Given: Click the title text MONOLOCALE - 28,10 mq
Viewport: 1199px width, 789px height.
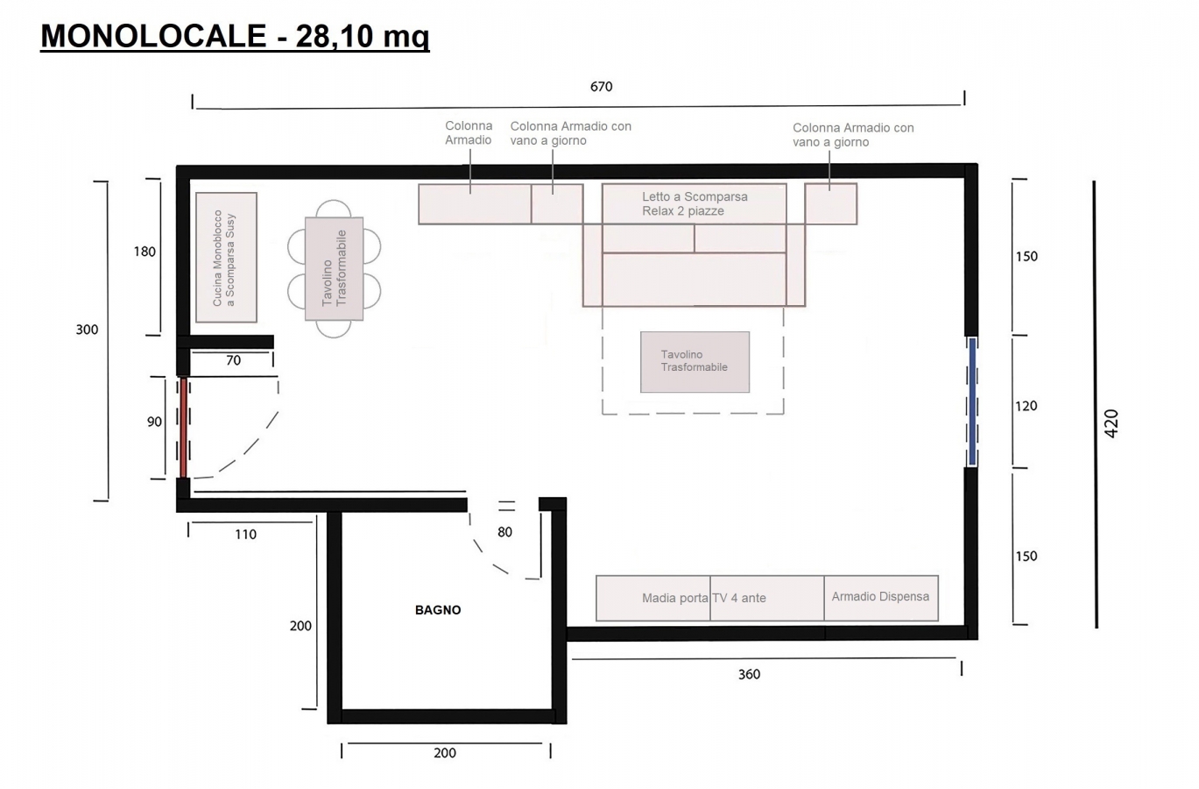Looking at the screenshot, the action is pos(235,37).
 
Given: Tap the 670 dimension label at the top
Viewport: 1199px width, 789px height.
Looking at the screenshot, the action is pos(601,87).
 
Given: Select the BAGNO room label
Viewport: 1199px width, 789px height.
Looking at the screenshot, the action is pos(438,610).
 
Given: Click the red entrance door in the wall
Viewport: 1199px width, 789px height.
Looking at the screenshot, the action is pos(183,428).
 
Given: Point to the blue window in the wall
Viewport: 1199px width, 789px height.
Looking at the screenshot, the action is pos(972,402).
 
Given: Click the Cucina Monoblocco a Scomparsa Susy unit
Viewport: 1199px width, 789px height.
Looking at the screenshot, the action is pos(227,258).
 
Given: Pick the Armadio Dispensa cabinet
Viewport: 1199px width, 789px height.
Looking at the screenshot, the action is pos(881,598).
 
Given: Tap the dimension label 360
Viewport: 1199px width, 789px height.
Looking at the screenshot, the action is pos(750,674).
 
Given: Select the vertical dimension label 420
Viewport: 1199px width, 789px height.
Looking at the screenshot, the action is pos(1111,423).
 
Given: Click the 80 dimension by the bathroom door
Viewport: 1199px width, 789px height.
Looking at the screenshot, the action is pos(504,532).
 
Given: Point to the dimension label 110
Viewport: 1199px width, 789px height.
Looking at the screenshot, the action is pos(246,535).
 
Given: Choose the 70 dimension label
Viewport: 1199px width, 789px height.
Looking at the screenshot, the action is pos(233,360).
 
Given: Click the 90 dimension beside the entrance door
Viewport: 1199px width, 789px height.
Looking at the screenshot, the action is pos(154,422).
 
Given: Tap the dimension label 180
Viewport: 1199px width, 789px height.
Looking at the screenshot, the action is pos(145,252).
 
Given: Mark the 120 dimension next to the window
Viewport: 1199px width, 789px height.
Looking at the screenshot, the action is pos(1026,406).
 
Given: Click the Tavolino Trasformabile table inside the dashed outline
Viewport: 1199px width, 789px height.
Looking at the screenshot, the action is pos(695,362).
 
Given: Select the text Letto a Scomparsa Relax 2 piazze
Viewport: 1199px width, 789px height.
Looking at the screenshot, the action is pos(695,203).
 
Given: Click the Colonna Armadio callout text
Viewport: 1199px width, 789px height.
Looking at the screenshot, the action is pos(469,133).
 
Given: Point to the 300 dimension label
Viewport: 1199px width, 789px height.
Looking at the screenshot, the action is pos(87,330).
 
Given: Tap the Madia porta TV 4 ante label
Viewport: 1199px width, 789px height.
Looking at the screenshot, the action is pos(704,598).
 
